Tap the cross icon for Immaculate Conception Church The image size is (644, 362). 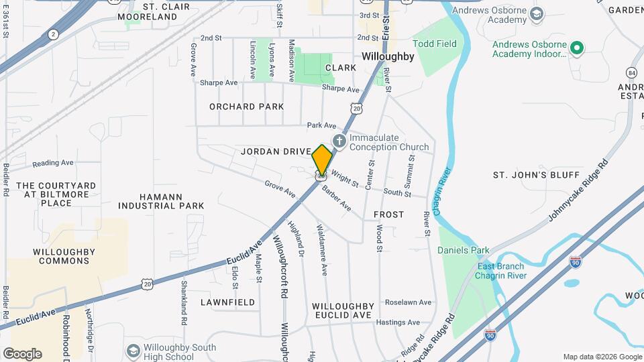point(339,141)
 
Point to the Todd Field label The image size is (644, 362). point(435,44)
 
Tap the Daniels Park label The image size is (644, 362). point(464,250)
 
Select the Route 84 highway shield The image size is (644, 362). point(631,72)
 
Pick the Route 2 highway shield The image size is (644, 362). point(53,34)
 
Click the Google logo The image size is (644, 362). point(22,354)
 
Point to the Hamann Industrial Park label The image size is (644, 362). point(161,201)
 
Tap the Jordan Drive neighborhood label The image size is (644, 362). point(276,152)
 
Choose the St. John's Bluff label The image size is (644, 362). point(536,175)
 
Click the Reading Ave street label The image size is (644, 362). point(53,163)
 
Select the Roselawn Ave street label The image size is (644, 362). point(407,302)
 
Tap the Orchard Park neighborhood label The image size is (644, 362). point(246,107)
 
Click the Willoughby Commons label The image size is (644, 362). point(64,256)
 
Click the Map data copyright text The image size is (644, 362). point(602,357)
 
